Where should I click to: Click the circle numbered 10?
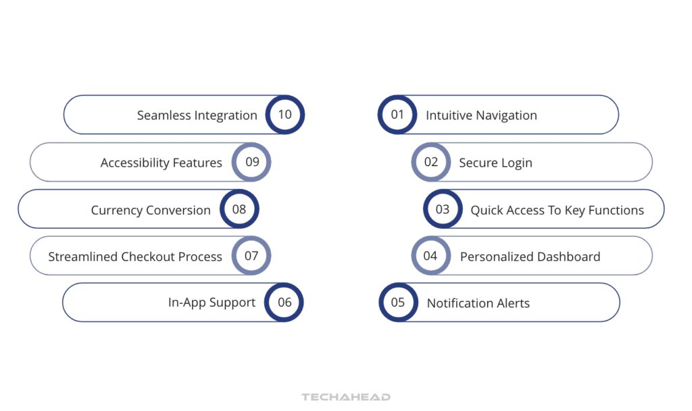(x=285, y=115)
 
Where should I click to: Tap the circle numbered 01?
(x=397, y=115)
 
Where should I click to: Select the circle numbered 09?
(x=251, y=162)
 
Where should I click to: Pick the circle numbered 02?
(x=431, y=162)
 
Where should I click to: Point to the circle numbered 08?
(x=239, y=209)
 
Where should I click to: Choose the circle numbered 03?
(x=443, y=209)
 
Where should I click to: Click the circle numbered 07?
(x=251, y=256)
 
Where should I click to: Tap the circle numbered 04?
(x=430, y=256)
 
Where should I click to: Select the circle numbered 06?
(x=285, y=302)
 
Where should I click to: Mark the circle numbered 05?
(x=398, y=302)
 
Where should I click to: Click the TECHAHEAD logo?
(x=346, y=398)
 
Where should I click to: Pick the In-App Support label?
(x=212, y=303)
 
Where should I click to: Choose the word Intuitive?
(x=449, y=115)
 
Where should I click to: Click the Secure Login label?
(x=495, y=163)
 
